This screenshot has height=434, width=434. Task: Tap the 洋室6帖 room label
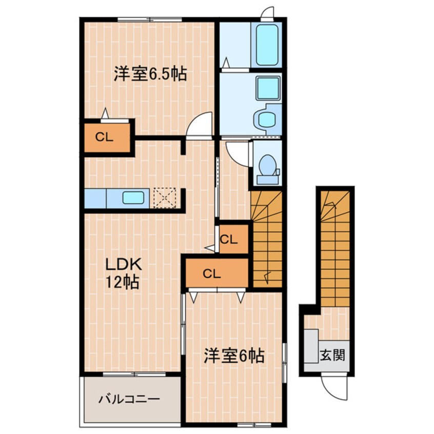tap(234, 356)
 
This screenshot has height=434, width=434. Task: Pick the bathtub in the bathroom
tap(267, 44)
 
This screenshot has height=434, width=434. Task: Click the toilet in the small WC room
tap(267, 165)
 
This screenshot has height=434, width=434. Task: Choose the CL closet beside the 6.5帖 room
tap(106, 137)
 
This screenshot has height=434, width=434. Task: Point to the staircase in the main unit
tap(267, 239)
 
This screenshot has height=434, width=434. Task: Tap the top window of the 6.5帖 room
tap(149, 20)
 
